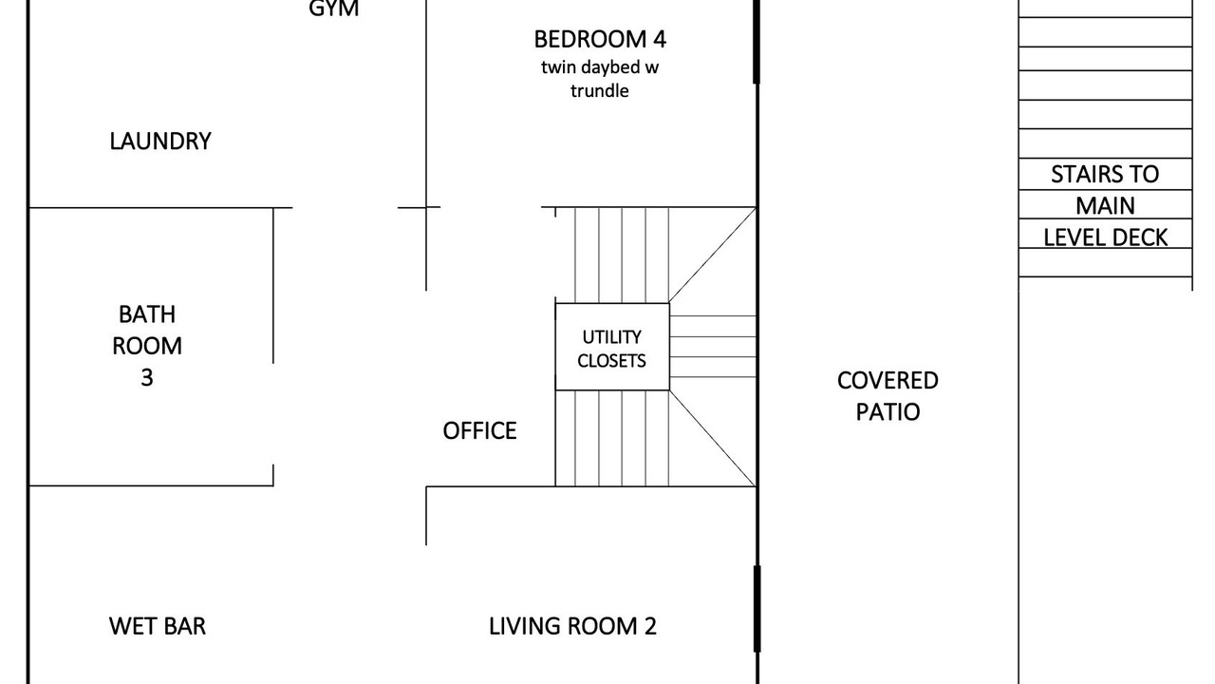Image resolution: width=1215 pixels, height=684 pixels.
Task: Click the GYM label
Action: coord(333,9)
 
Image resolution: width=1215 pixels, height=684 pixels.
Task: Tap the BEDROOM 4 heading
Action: coord(600,39)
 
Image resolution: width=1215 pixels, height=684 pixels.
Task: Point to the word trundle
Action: coord(599,90)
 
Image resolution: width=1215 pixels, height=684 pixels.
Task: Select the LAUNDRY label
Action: coord(160,142)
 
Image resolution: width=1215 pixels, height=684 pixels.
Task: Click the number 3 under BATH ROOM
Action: coord(147,377)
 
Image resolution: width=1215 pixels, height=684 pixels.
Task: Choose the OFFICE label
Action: coord(479,431)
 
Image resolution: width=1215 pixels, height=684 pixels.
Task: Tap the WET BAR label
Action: coord(158,626)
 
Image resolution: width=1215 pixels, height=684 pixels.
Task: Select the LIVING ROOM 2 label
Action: coord(572,626)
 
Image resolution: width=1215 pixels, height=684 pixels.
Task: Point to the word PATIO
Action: coord(888,412)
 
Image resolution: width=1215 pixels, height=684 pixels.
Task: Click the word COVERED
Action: coord(888,381)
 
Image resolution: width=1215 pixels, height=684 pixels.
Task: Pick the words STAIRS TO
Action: coord(1105,174)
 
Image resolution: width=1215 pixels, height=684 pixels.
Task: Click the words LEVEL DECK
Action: coord(1106,237)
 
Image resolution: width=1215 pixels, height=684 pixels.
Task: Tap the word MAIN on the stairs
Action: coord(1106,206)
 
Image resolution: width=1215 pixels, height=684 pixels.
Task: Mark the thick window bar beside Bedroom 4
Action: coord(757,42)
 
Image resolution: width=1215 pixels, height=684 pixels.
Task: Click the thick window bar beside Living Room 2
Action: coord(757,609)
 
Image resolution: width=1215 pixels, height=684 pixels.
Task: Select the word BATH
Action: coord(147,314)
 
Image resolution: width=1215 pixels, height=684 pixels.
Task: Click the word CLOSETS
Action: coord(612,361)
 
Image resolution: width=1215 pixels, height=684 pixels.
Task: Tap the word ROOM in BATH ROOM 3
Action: coord(147,346)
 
